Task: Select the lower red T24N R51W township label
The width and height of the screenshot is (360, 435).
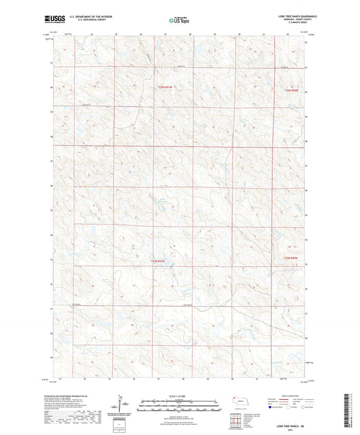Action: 157,261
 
